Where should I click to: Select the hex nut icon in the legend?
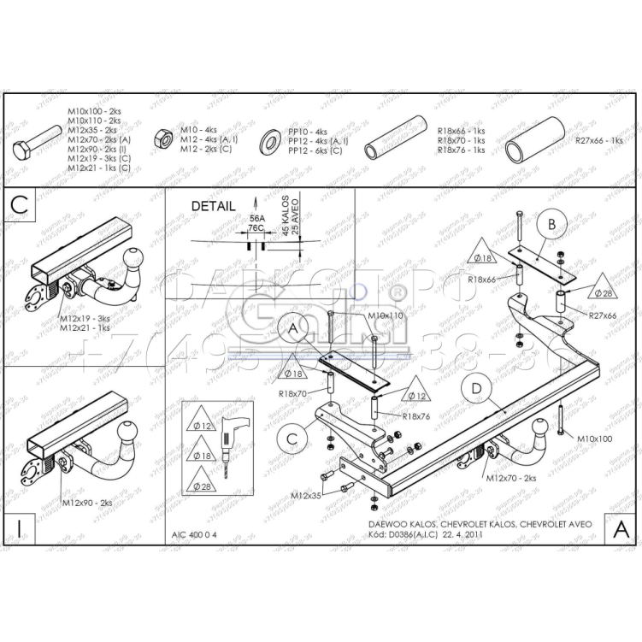(x=159, y=138)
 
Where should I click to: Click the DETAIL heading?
(x=213, y=206)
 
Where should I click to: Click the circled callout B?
(x=552, y=223)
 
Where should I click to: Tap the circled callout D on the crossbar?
(x=477, y=390)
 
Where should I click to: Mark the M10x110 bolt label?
(x=385, y=315)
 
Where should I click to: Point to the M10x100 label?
(x=594, y=439)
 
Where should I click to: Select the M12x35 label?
(x=305, y=495)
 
